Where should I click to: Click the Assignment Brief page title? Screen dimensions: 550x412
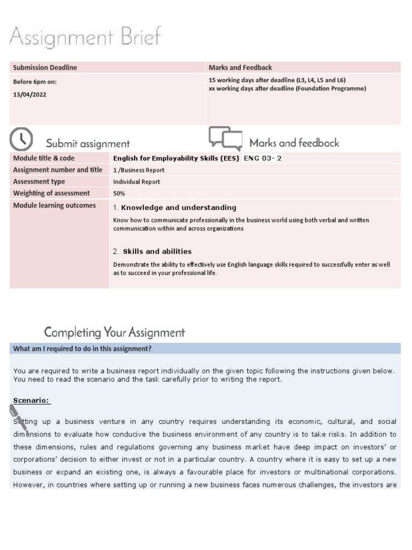point(85,38)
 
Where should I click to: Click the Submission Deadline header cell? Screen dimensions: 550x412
point(45,68)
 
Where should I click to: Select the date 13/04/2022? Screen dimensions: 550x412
point(30,94)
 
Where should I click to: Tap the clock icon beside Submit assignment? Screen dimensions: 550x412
point(21,140)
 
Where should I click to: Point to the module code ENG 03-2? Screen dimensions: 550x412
point(262,158)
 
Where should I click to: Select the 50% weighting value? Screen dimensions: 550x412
point(119,193)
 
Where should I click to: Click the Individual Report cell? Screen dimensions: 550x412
point(136,182)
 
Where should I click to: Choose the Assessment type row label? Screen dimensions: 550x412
point(39,182)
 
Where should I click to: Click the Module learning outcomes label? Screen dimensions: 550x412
point(54,205)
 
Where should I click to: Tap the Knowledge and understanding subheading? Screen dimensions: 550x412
point(178,208)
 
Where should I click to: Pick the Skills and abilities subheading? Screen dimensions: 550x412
point(157,251)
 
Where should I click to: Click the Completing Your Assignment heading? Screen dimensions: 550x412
point(114,332)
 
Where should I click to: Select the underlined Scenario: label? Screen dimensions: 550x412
point(32,401)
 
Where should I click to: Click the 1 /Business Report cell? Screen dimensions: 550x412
point(139,170)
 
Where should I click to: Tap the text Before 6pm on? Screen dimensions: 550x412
point(35,82)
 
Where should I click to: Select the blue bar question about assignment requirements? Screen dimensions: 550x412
point(82,349)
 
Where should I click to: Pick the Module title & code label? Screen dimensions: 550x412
point(44,158)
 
